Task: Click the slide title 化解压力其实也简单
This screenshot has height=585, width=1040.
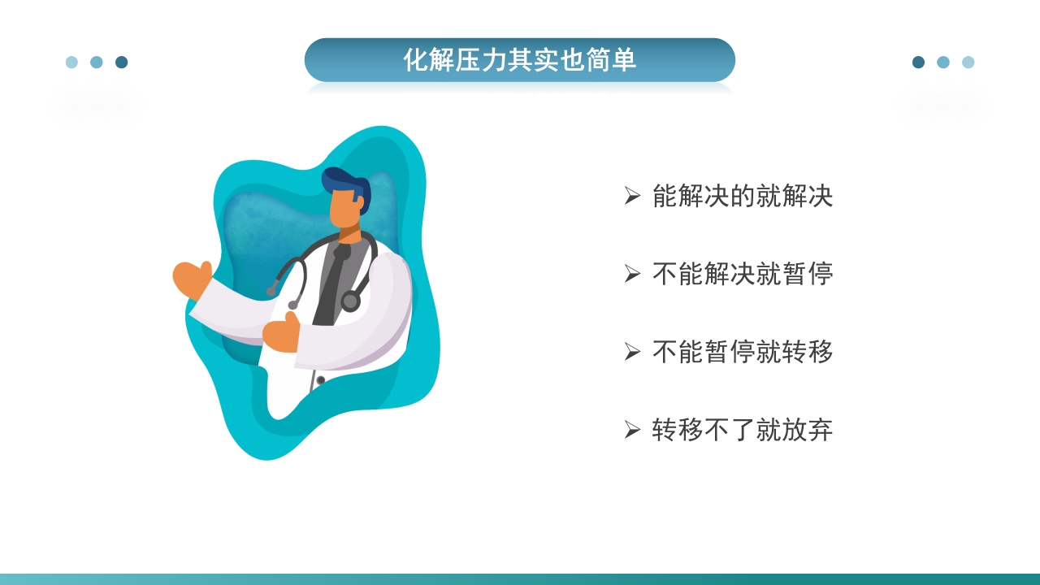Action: [x=519, y=60]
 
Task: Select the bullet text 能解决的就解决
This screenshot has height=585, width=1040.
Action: [x=743, y=196]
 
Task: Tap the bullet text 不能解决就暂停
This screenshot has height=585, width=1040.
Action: [x=743, y=274]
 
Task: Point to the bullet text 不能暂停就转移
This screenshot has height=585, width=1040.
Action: [x=743, y=352]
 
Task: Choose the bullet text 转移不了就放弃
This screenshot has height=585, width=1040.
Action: [x=743, y=430]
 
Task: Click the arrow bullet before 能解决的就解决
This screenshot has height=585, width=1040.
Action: [x=632, y=196]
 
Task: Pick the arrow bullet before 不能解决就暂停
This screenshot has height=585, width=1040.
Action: [x=632, y=274]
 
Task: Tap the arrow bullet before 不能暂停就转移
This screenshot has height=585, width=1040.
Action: [x=632, y=352]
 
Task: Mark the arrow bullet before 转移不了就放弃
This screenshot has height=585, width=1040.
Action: [x=632, y=430]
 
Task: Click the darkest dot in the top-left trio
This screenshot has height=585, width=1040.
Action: [x=121, y=63]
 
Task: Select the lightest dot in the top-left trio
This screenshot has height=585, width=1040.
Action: [x=71, y=63]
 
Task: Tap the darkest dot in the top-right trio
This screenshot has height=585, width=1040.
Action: [x=918, y=63]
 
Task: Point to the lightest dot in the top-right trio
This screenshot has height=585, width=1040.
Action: [x=968, y=63]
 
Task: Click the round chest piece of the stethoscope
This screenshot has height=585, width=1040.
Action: [x=350, y=301]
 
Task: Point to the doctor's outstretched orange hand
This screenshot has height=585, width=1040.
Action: [x=192, y=279]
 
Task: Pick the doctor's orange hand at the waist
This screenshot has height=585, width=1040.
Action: [x=281, y=334]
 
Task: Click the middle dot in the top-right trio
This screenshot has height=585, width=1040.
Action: [x=942, y=63]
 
